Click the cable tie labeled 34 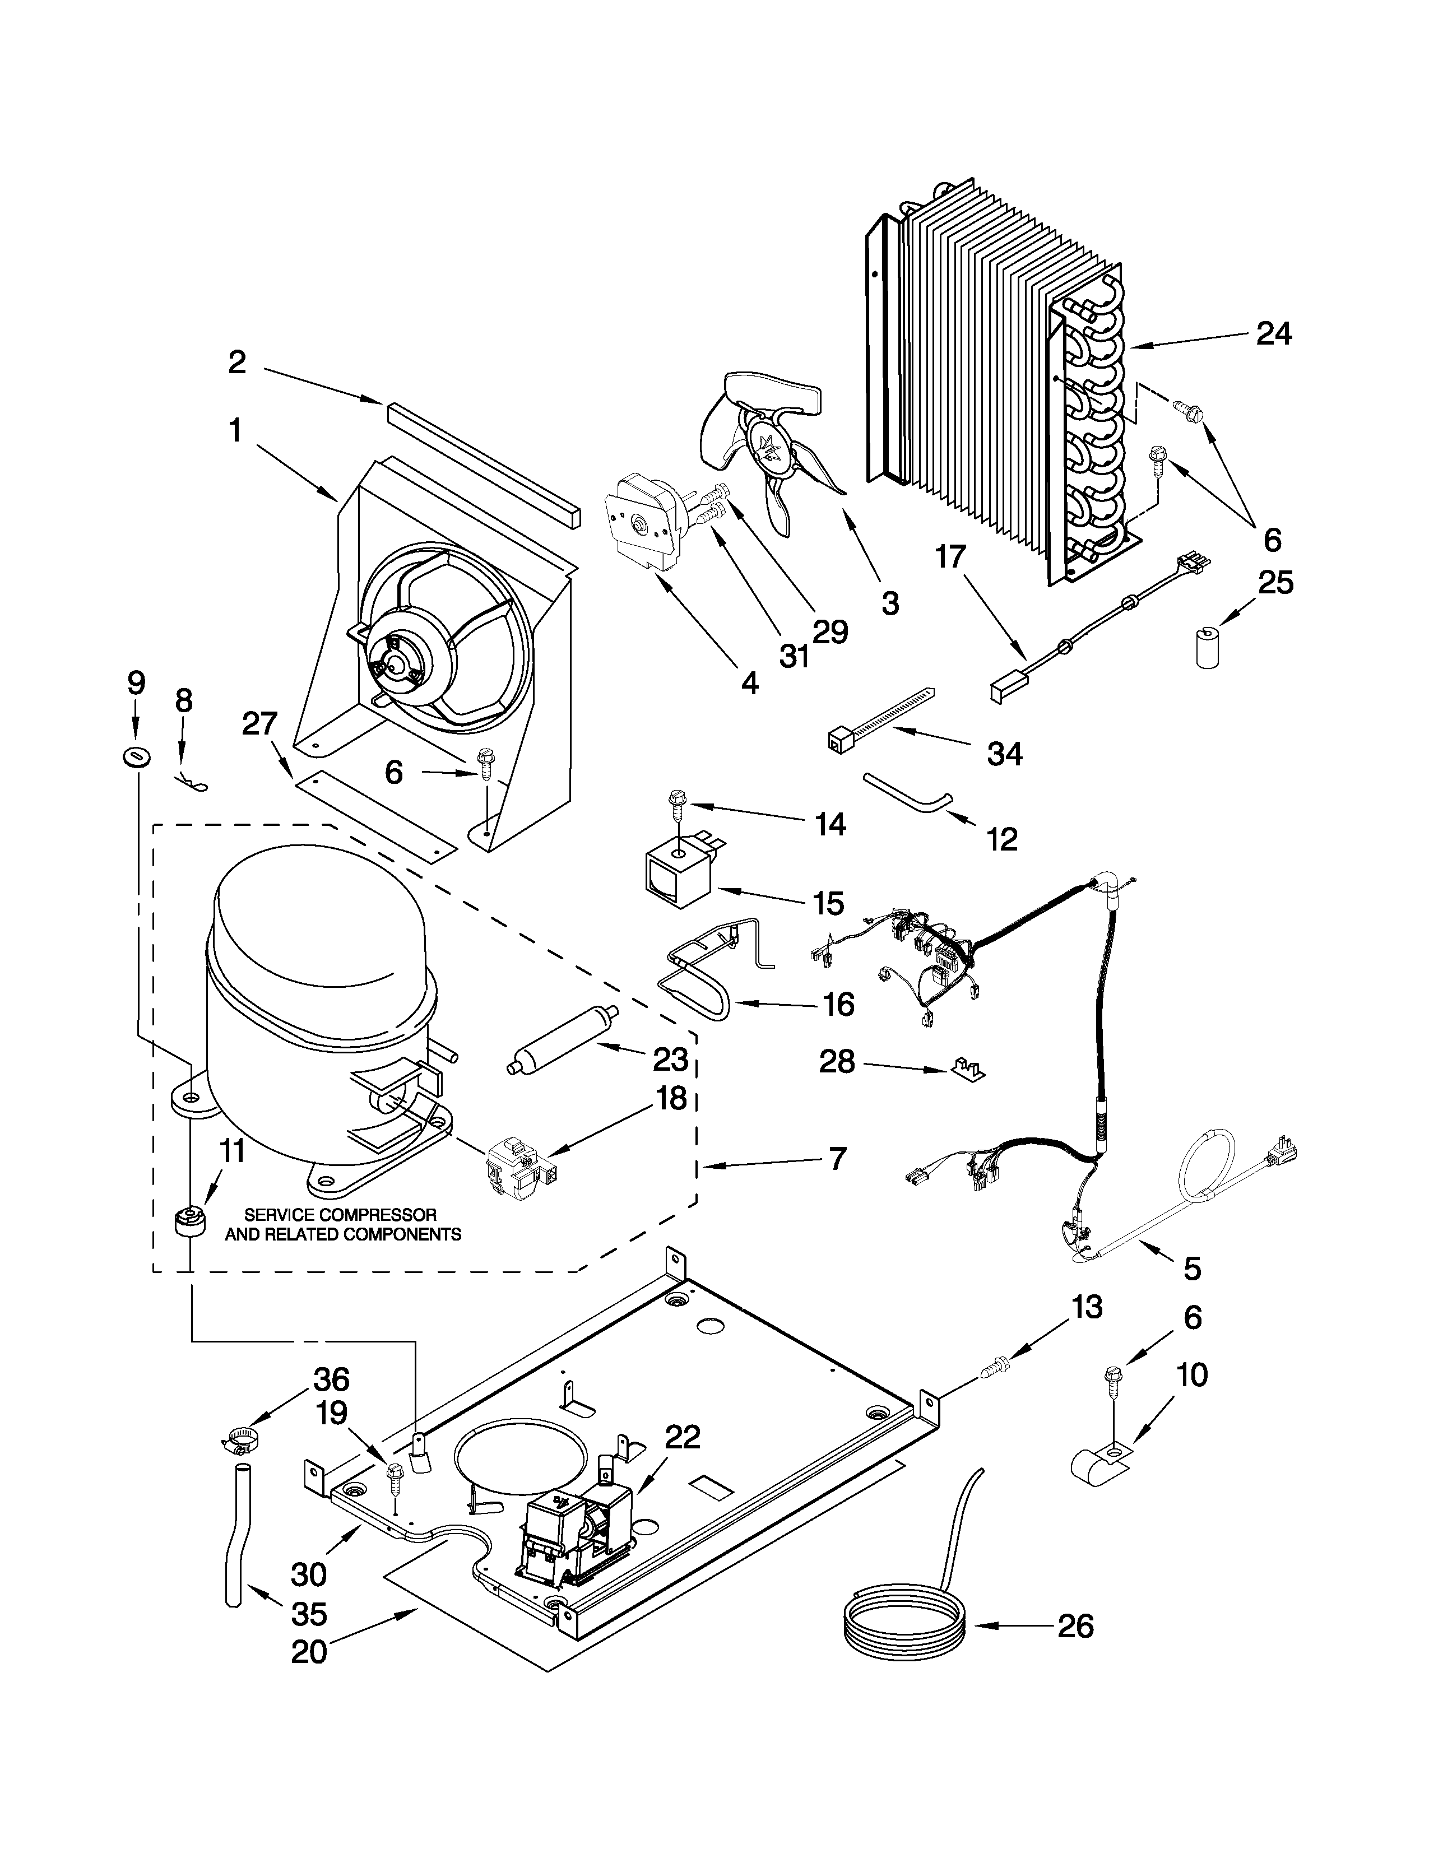(x=880, y=718)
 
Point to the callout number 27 (x=260, y=724)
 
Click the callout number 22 (x=683, y=1436)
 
